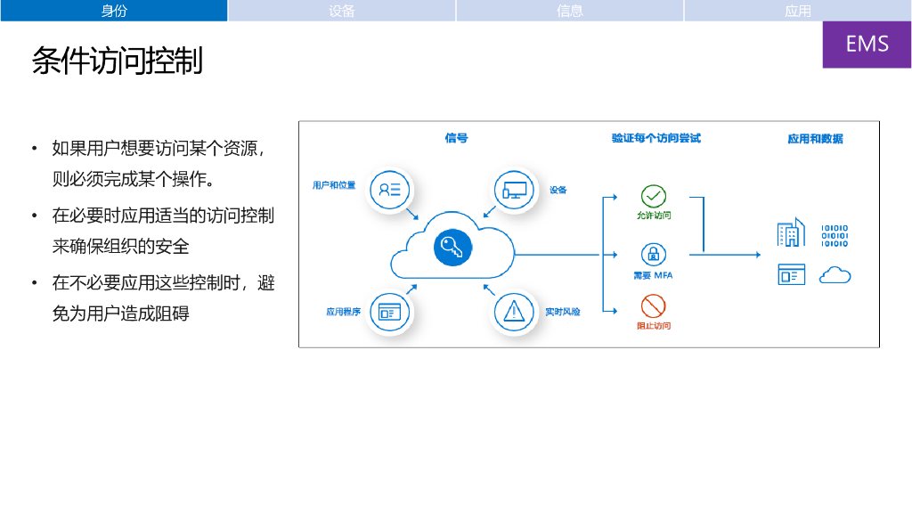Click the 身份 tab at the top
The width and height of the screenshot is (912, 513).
point(114,11)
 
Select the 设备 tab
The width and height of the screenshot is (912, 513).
point(342,11)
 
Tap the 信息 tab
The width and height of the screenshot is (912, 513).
point(570,11)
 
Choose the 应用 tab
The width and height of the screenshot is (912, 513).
point(798,11)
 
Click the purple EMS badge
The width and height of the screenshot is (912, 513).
point(867,44)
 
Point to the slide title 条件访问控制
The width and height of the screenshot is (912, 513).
point(118,61)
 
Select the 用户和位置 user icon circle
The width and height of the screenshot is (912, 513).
point(390,189)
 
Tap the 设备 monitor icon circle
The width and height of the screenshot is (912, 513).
point(515,190)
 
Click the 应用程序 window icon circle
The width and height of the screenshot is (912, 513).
point(390,312)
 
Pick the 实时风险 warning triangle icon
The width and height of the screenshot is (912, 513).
point(514,312)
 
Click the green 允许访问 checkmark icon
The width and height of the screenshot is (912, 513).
point(653,196)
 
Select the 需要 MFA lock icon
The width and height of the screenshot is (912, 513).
point(653,254)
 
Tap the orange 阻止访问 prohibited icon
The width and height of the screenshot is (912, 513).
point(653,307)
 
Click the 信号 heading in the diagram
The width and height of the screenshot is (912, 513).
point(456,138)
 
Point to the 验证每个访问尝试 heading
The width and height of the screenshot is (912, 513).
point(656,138)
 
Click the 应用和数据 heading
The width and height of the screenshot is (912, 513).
point(815,139)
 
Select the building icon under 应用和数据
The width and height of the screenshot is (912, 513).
point(791,233)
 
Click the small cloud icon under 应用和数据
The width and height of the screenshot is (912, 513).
point(835,274)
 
